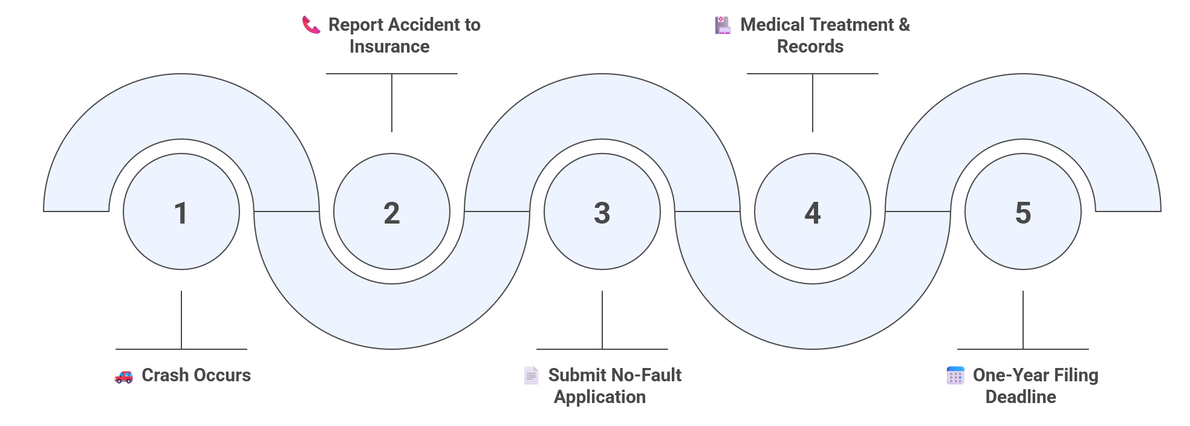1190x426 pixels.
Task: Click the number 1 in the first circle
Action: (x=181, y=213)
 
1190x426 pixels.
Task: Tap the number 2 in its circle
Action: (x=392, y=213)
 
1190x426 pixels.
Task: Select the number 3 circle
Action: (x=602, y=213)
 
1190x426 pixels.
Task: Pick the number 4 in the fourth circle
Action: (x=813, y=213)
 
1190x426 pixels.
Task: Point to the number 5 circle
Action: (x=1023, y=213)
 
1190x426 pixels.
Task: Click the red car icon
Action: (x=124, y=376)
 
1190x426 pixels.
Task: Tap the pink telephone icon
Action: (x=311, y=25)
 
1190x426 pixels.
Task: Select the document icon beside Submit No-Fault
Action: (x=531, y=375)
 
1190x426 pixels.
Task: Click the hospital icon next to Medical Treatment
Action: (x=723, y=25)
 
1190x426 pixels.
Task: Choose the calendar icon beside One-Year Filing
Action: (x=955, y=375)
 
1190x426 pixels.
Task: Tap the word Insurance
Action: (x=389, y=47)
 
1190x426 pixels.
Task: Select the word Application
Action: (x=600, y=397)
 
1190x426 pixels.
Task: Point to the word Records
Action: (x=810, y=47)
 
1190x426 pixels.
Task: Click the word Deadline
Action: (x=1021, y=397)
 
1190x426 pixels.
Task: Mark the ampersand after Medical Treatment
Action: (x=904, y=25)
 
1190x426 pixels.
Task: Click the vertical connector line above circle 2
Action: (x=392, y=103)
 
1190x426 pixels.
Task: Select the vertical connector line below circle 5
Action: (x=1023, y=320)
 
